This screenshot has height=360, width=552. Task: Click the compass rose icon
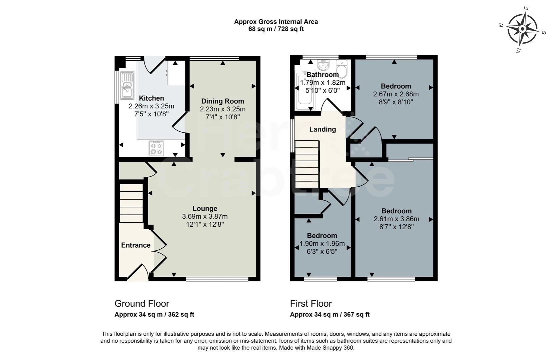pos(522,29)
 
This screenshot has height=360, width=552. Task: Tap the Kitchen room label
pos(151,98)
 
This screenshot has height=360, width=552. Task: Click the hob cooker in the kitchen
pos(156,148)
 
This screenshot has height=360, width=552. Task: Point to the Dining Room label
pos(223,101)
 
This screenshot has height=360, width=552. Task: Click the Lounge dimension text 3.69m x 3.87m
pos(205,216)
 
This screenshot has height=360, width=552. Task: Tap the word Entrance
pos(136,245)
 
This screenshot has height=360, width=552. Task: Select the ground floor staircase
pos(131,203)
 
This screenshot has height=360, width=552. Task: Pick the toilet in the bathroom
pos(342,68)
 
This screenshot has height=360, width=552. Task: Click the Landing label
pos(322,129)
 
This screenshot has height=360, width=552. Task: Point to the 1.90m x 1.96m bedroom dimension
pos(322,244)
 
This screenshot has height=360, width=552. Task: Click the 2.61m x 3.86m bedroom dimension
pos(396,219)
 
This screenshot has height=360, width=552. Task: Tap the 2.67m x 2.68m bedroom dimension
pos(396,94)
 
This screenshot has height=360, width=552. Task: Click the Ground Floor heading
pos(142,303)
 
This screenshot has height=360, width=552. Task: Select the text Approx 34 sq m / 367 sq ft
pos(329,314)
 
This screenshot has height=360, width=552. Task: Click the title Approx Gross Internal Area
pos(276,22)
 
